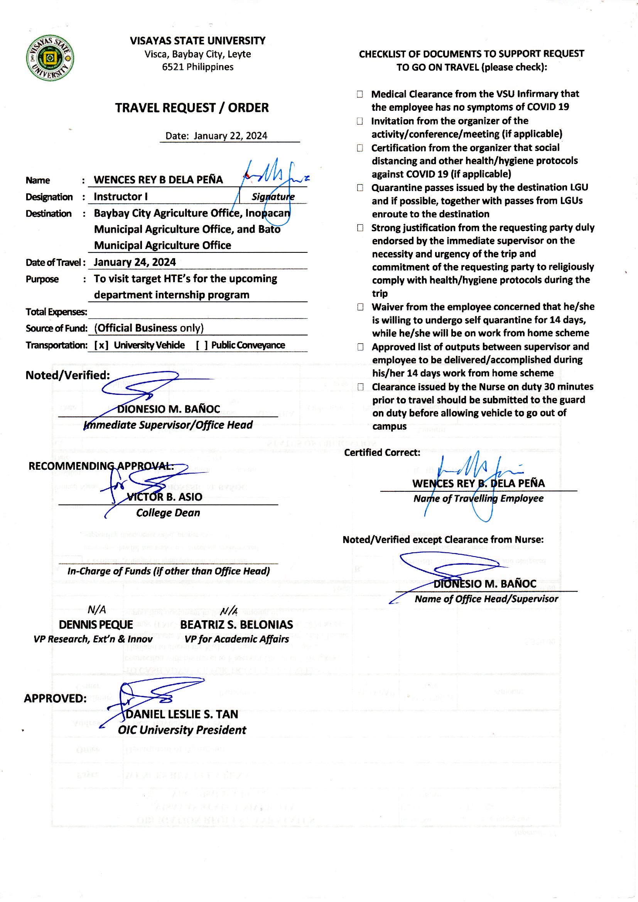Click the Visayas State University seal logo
(50, 58)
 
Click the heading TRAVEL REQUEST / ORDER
(192, 108)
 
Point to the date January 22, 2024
(230, 136)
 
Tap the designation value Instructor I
(121, 196)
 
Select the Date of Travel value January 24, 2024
(135, 262)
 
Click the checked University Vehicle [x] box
(101, 345)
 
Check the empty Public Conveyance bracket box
(202, 345)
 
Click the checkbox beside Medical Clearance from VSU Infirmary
(360, 94)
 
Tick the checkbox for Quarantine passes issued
(360, 188)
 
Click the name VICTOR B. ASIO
(165, 497)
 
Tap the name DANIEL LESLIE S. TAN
(182, 714)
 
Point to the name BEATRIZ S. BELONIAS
(236, 624)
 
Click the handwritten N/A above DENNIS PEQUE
(97, 609)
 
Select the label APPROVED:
(56, 699)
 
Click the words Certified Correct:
(382, 452)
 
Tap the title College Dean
(168, 513)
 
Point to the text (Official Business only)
(149, 328)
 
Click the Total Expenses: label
(56, 312)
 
